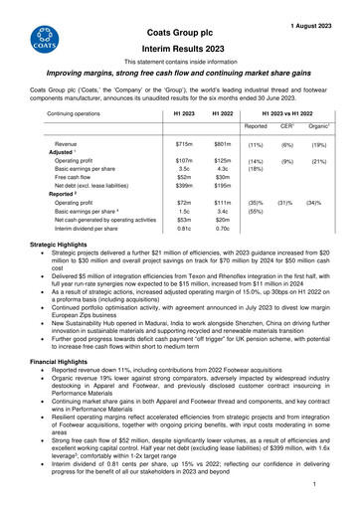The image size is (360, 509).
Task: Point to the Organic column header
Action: [321, 127]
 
